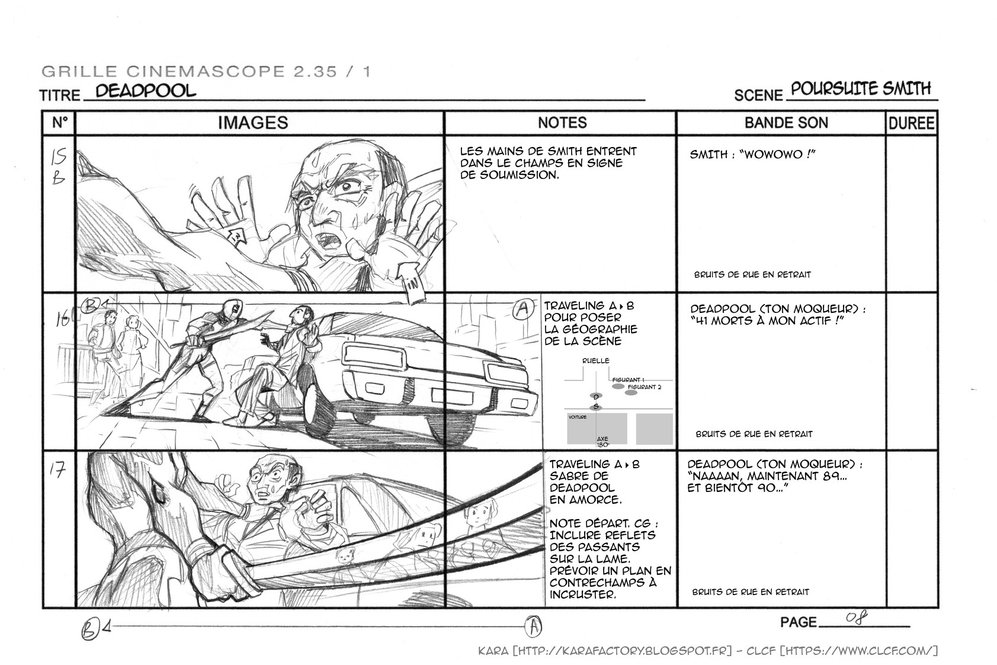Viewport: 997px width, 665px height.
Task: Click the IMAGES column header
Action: (253, 123)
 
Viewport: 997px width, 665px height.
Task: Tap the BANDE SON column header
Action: (786, 123)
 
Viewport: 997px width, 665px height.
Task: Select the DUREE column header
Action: (911, 123)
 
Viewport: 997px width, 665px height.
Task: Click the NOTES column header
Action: (562, 123)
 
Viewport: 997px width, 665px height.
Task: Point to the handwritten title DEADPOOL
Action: (145, 91)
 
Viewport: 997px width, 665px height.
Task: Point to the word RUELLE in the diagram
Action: (595, 360)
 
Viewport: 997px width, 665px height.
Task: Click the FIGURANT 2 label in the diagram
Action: (644, 387)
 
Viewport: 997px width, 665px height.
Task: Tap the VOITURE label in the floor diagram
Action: (577, 417)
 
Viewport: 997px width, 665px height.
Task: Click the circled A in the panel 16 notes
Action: (523, 309)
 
